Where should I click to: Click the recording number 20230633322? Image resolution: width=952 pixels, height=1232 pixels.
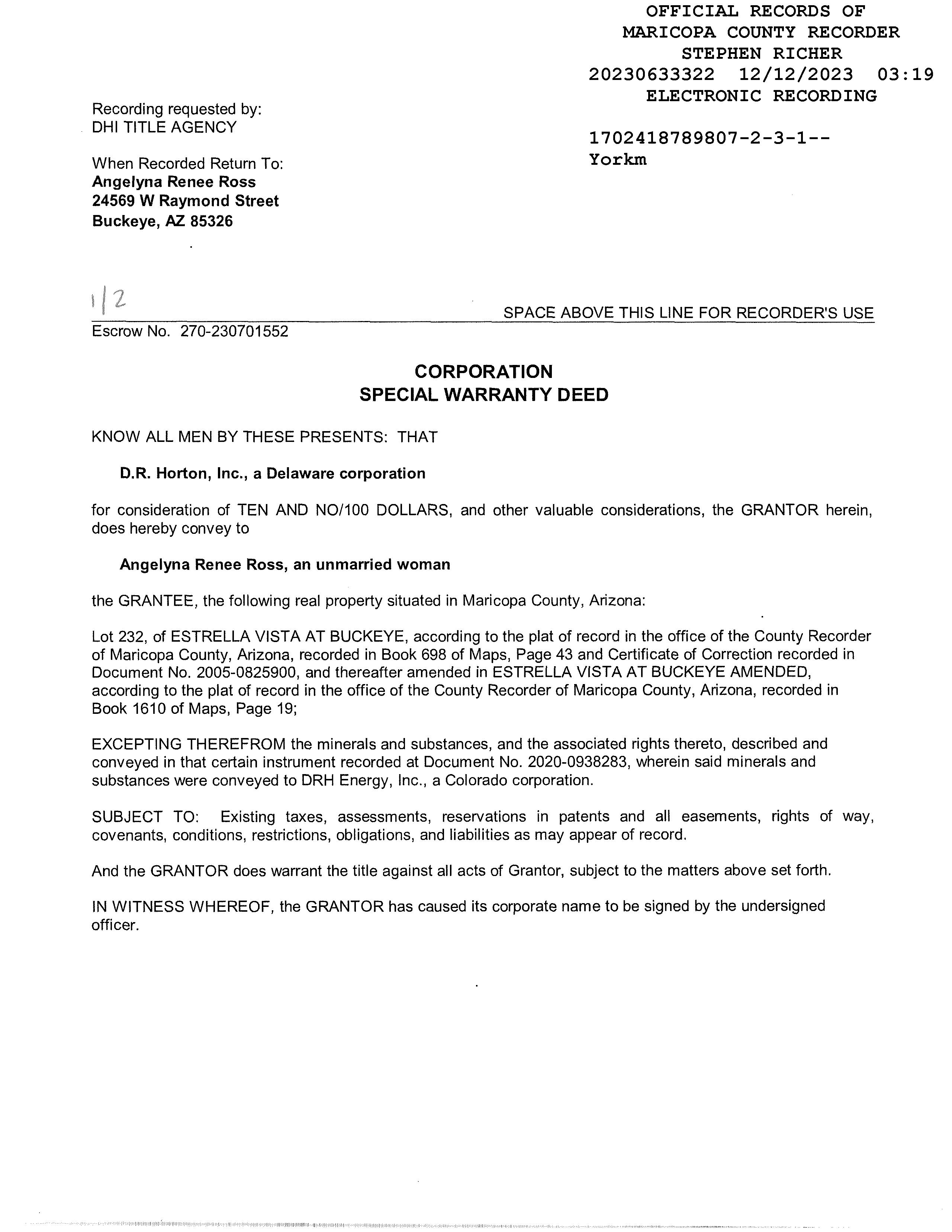tap(652, 74)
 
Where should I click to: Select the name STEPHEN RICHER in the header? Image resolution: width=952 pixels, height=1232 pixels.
tap(761, 54)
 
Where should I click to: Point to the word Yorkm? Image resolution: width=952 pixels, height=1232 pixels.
tap(618, 160)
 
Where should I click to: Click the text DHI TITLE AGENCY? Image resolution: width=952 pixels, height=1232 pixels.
tap(164, 128)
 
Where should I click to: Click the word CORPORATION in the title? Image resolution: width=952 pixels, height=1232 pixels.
tap(483, 371)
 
